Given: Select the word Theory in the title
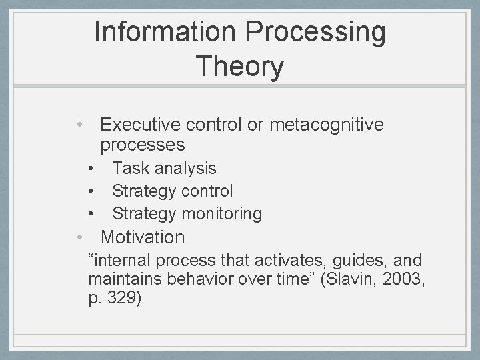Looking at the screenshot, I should (240, 67).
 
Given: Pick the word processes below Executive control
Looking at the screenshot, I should (143, 145).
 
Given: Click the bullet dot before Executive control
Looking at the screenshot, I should (79, 125).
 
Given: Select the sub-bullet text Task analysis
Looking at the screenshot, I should (164, 169).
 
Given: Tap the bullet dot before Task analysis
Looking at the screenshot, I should (92, 169).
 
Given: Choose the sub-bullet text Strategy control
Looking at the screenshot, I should (172, 191).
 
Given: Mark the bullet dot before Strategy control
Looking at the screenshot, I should (92, 191).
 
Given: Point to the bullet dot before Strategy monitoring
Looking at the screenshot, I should (92, 214).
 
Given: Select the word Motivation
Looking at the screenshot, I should (143, 237).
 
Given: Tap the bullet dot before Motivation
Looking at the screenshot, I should (79, 237).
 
